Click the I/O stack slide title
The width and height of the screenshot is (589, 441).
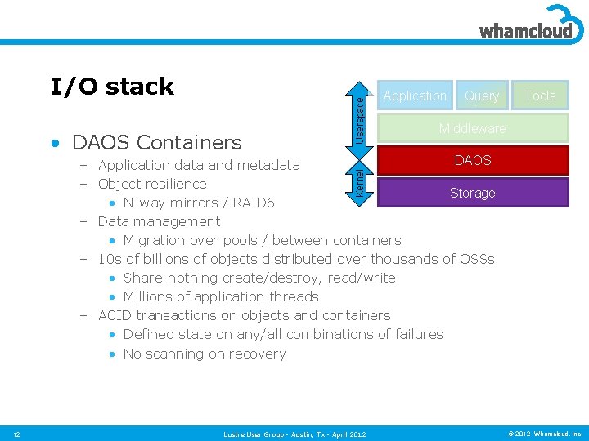tap(112, 87)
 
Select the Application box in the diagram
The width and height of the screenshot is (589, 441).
tap(415, 96)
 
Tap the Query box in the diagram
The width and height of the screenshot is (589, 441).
tap(482, 96)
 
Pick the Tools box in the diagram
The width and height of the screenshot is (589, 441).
tap(540, 96)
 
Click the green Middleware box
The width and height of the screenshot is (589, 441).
tap(472, 128)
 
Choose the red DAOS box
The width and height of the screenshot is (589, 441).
tap(472, 160)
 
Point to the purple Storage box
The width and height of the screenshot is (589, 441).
tap(472, 193)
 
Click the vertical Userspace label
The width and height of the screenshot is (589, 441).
tap(361, 114)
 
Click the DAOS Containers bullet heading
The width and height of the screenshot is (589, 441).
tap(156, 143)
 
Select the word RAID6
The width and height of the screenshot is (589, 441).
tap(254, 203)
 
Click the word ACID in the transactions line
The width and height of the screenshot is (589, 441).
tap(115, 315)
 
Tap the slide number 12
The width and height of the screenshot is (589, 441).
tap(17, 434)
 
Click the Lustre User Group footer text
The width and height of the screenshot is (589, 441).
tap(294, 434)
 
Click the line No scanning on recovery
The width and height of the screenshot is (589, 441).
tap(204, 354)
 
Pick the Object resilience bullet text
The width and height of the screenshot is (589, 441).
tap(151, 184)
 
